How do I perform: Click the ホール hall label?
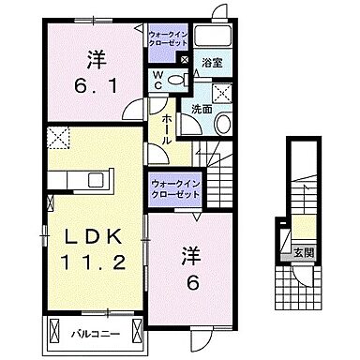[x=166, y=126]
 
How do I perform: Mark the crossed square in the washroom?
[x=223, y=92]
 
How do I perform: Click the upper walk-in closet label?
[x=171, y=39]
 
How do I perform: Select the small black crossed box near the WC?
[x=185, y=58]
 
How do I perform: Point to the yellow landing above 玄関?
[x=292, y=229]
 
